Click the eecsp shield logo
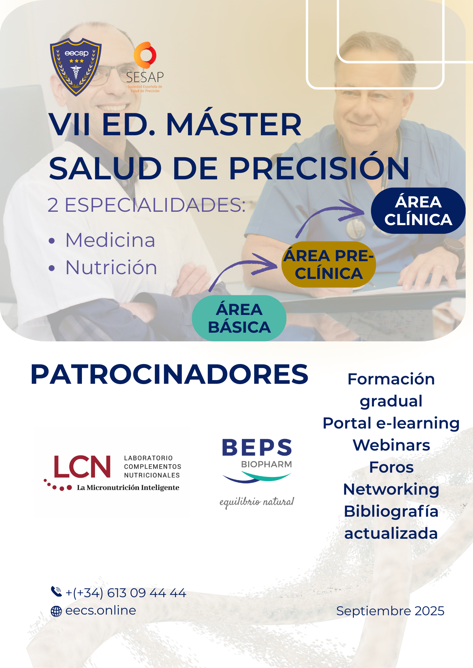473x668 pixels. click(76, 67)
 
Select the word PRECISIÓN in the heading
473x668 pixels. click(319, 168)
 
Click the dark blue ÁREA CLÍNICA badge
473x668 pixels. click(418, 211)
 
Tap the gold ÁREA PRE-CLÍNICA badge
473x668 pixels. click(328, 265)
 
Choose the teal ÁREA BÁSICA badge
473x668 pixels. click(239, 318)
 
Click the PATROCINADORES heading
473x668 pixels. click(169, 374)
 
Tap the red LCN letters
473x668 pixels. click(82, 467)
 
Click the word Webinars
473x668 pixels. click(391, 445)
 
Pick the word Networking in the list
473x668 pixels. click(391, 489)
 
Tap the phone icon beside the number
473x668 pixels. click(56, 592)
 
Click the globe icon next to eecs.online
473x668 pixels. click(56, 611)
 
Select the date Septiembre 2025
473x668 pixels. click(390, 611)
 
